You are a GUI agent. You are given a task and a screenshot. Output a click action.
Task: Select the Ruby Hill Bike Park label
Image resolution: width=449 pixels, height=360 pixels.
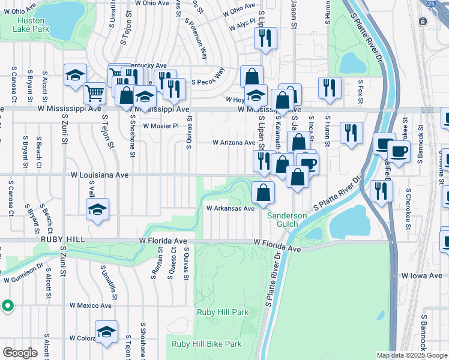(x=206, y=344)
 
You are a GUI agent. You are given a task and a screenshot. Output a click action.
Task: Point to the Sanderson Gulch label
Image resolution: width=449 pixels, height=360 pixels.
(x=287, y=220)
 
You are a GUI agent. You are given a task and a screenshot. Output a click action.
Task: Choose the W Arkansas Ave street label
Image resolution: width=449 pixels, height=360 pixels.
(x=231, y=208)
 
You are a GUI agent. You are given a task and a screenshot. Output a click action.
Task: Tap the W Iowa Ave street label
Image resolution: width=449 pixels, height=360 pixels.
(x=422, y=275)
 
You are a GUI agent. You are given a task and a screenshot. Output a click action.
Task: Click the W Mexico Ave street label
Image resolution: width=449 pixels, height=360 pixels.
(x=91, y=305)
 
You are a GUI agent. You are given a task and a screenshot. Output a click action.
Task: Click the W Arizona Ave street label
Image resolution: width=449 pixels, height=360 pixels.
(x=235, y=143)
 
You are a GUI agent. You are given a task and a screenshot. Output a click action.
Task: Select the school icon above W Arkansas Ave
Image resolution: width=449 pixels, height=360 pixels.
(x=97, y=209)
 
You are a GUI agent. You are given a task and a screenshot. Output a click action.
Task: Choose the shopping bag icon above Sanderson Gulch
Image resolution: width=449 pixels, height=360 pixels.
(x=263, y=193)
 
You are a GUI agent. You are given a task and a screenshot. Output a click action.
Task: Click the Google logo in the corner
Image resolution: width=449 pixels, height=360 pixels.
(x=20, y=353)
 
